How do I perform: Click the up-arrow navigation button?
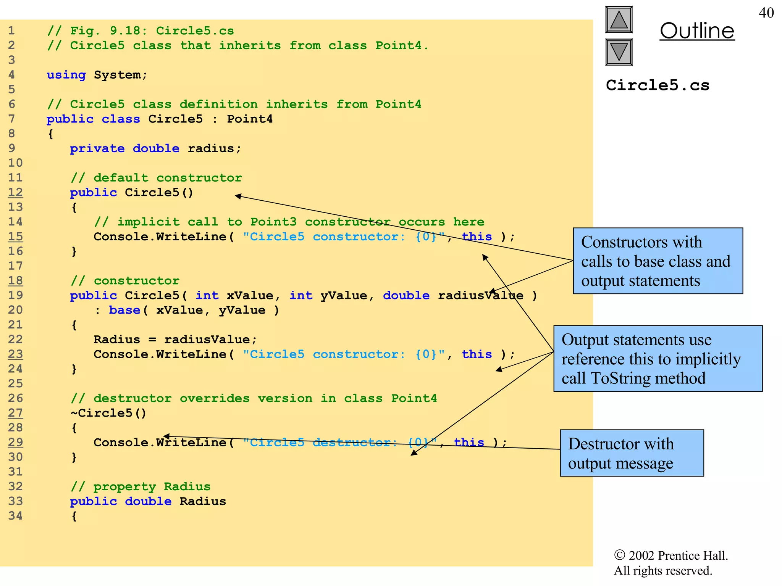click(619, 20)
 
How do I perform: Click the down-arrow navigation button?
click(619, 52)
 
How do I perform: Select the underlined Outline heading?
click(697, 31)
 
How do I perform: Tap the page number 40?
click(766, 13)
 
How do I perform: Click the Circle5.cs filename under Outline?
click(658, 85)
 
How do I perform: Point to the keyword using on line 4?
click(66, 75)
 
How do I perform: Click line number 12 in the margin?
click(15, 192)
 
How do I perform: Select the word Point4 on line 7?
click(250, 119)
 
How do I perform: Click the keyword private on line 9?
click(97, 148)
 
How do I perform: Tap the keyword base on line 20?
click(124, 310)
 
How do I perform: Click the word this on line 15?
click(477, 237)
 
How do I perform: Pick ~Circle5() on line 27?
click(108, 413)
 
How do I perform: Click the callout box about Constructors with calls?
click(658, 261)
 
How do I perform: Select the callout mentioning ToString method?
click(658, 359)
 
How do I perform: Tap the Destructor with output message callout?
click(632, 453)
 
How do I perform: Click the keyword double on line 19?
click(406, 296)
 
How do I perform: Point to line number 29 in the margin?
click(15, 442)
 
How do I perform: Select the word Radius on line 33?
click(203, 501)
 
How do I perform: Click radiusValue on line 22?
click(207, 340)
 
